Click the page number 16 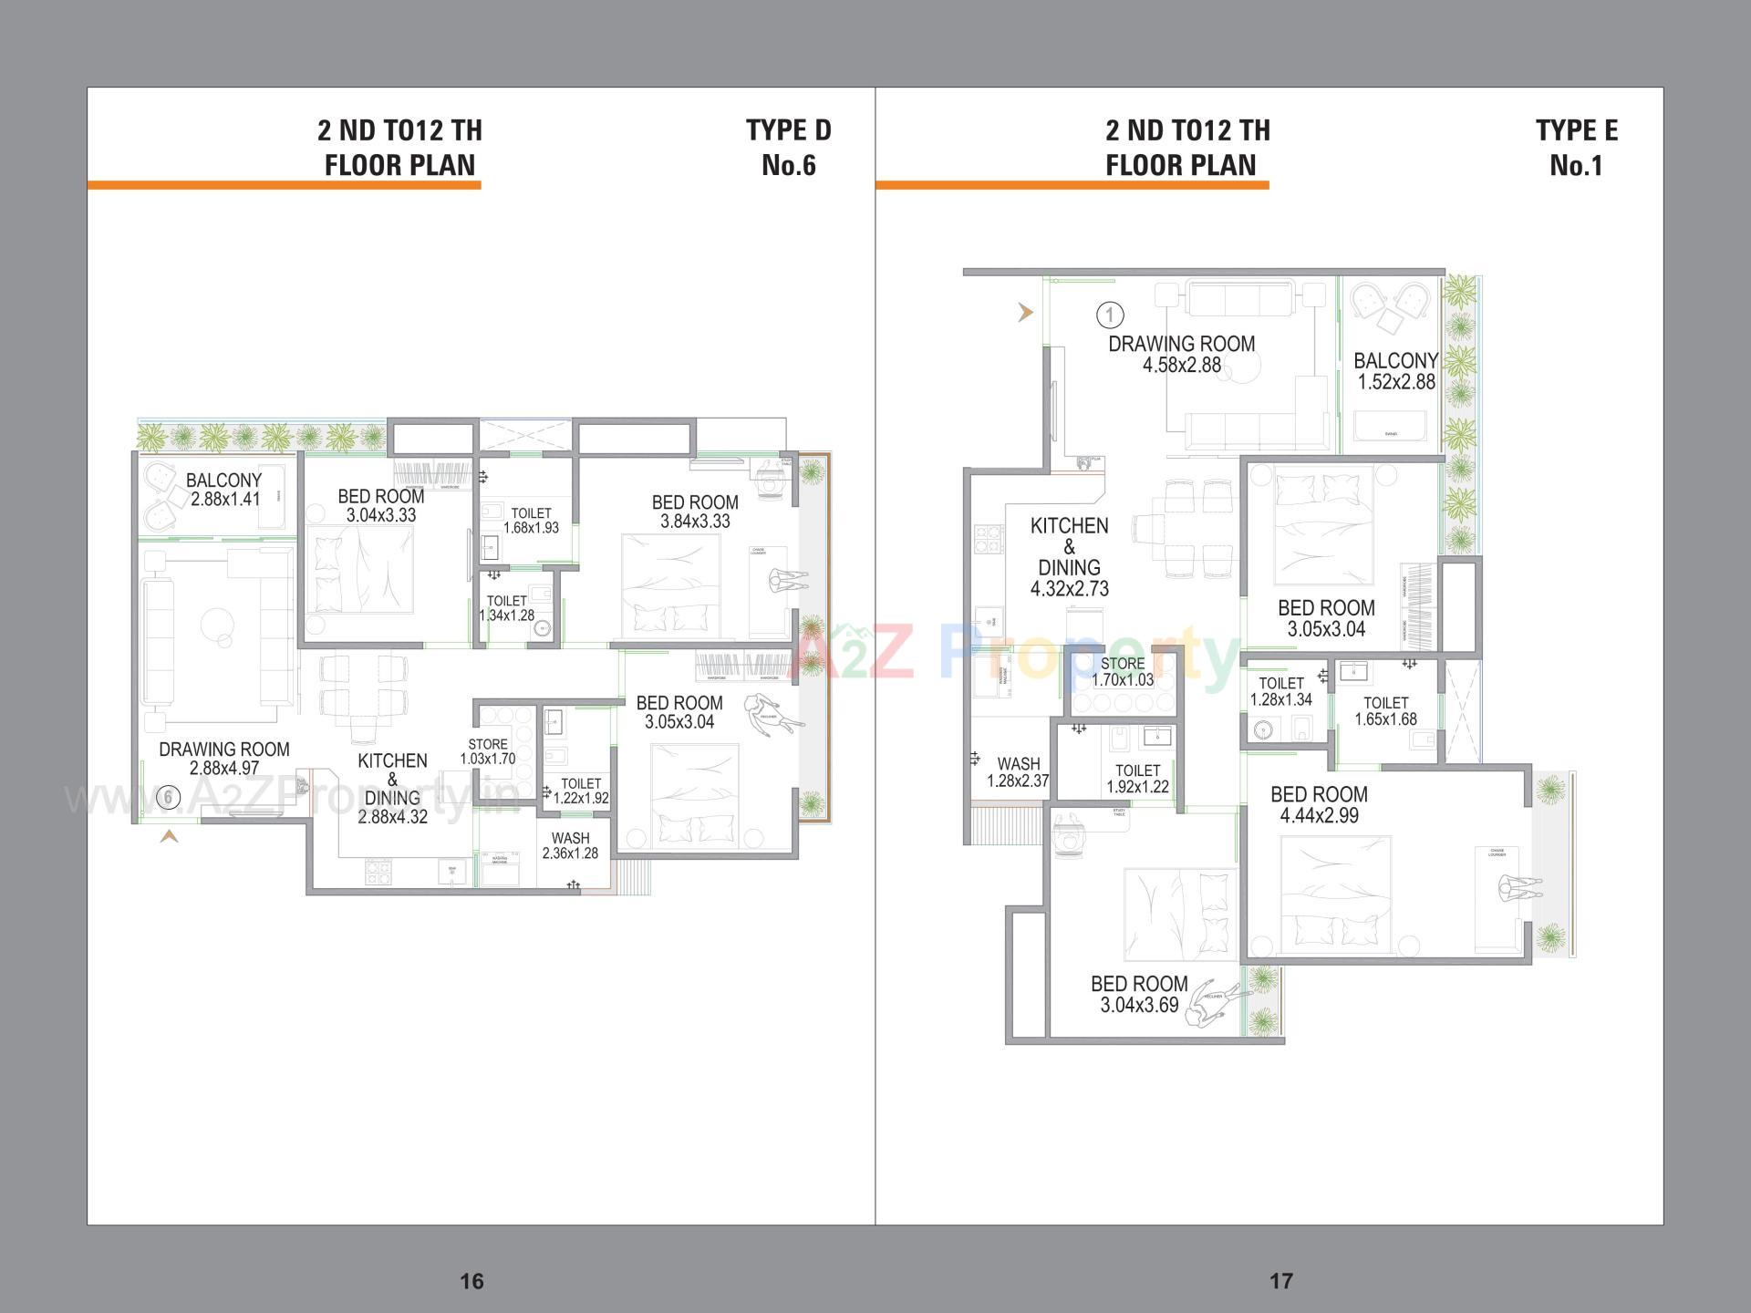click(471, 1281)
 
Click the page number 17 click(1280, 1281)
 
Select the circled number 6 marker click(168, 798)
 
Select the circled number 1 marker click(1110, 315)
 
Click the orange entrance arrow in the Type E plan click(1026, 313)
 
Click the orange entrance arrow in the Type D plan click(169, 835)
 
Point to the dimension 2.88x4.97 click(224, 769)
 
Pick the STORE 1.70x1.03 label click(1123, 672)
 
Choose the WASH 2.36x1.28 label click(570, 846)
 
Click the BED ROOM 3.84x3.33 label click(695, 512)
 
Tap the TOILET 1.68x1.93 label click(531, 521)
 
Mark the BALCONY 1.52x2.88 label click(1395, 371)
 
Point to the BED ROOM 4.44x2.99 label click(1319, 804)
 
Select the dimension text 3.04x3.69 click(1139, 1006)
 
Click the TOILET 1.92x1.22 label click(1137, 779)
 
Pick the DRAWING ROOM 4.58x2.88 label click(1182, 355)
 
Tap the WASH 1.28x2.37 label click(1018, 772)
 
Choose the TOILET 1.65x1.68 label click(1385, 711)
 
